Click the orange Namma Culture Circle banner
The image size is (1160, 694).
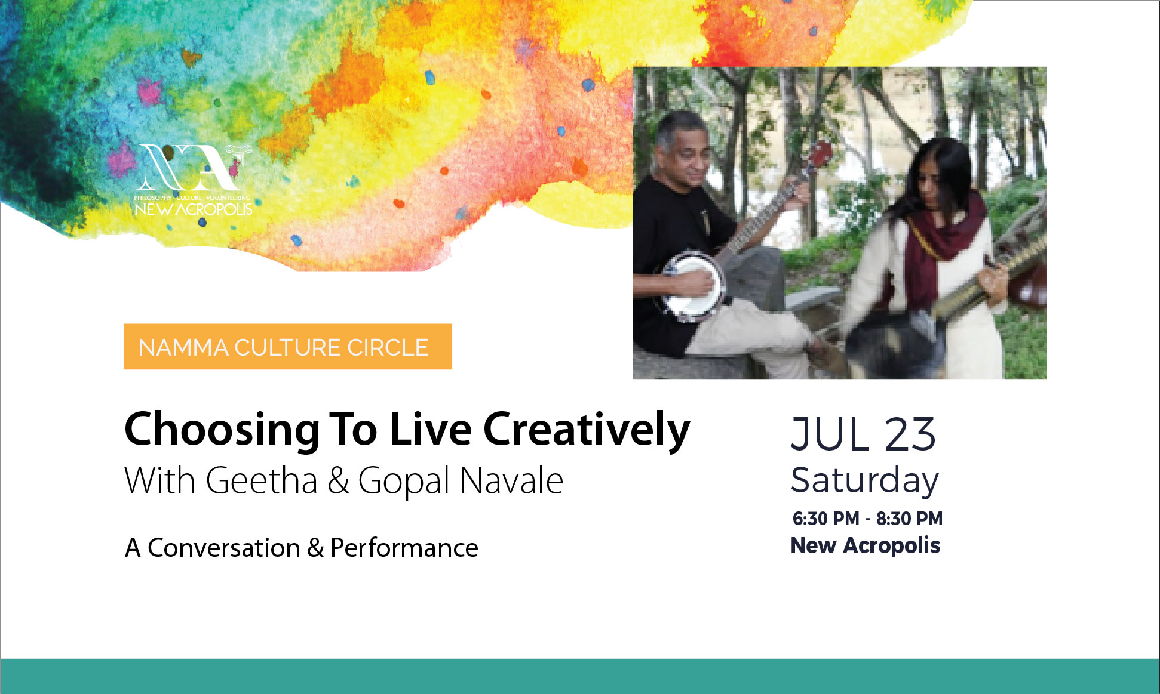287,347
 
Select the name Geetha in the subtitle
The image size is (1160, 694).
262,480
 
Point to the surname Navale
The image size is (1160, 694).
511,480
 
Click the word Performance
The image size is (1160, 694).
404,548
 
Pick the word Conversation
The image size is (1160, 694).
224,548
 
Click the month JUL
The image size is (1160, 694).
830,434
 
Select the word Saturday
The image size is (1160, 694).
864,481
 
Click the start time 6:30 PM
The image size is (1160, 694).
825,519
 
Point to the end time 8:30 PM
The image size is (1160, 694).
909,519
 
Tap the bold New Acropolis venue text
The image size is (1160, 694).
866,545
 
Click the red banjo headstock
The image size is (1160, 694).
821,155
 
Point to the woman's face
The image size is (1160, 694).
929,185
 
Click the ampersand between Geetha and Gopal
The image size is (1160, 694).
337,481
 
